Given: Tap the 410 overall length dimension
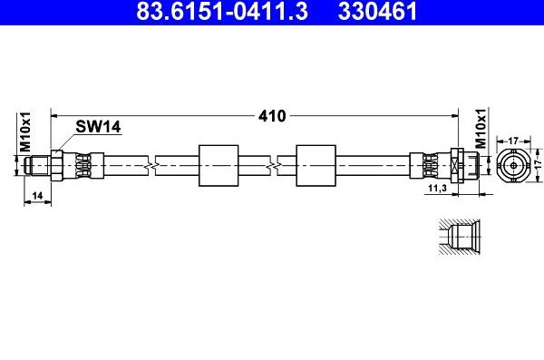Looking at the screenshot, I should point(272,116).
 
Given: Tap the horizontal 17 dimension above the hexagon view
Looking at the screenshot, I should point(512,140).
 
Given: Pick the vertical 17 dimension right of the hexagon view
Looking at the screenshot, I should point(537,166).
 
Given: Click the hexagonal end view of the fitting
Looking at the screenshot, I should point(512,166).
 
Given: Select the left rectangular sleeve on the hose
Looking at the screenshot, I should point(217,165).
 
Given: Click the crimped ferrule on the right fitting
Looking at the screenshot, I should point(426,165).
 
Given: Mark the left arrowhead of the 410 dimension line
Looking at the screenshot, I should point(55,116).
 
